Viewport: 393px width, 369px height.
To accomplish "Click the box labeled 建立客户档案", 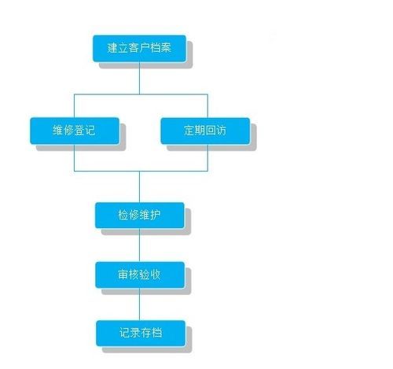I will (139, 49).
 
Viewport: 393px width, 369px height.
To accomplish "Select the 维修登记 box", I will (75, 131).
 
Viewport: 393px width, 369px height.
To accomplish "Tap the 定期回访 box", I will (205, 131).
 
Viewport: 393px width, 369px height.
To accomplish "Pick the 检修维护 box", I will (139, 215).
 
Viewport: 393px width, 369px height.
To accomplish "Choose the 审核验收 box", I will (139, 274).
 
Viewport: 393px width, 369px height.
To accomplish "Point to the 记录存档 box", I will (140, 331).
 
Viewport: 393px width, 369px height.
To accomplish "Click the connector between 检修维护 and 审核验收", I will (139, 245).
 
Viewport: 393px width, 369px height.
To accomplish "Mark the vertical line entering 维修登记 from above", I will (75, 105).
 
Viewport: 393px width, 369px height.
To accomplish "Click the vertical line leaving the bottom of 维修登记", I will (75, 157).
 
